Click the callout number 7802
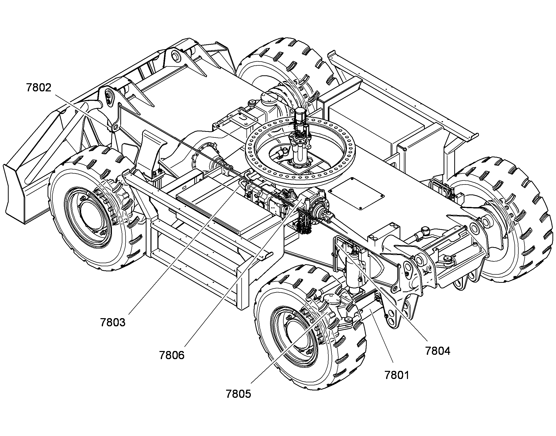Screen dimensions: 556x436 coord(39,88)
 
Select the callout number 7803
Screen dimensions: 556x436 coord(113,322)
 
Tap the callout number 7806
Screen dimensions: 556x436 coord(172,355)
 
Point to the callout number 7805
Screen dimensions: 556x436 coord(238,394)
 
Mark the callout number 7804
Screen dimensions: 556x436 coord(438,351)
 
